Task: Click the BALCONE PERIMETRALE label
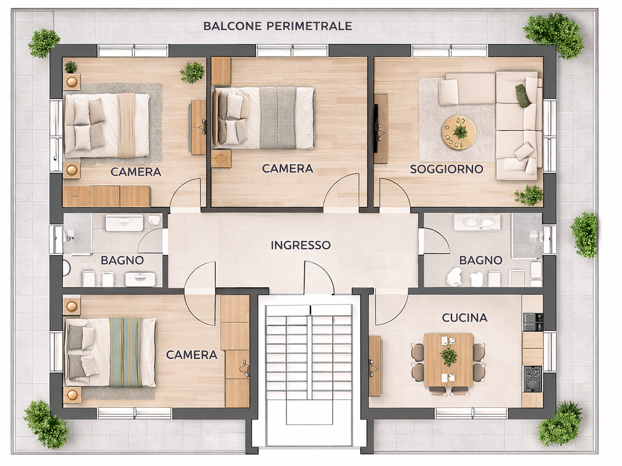(278, 26)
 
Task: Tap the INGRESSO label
(300, 245)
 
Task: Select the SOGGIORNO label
(446, 169)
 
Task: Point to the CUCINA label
(465, 318)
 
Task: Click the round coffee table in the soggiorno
(459, 132)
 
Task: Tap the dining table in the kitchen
(448, 360)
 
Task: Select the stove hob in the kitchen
(533, 379)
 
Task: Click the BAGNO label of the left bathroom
(122, 260)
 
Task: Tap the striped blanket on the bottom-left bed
(125, 352)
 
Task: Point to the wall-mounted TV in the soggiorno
(376, 128)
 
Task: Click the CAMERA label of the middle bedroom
(287, 168)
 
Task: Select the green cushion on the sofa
(522, 96)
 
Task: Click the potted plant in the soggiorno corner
(529, 195)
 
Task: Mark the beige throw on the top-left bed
(126, 125)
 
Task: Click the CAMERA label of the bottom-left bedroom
(191, 355)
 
